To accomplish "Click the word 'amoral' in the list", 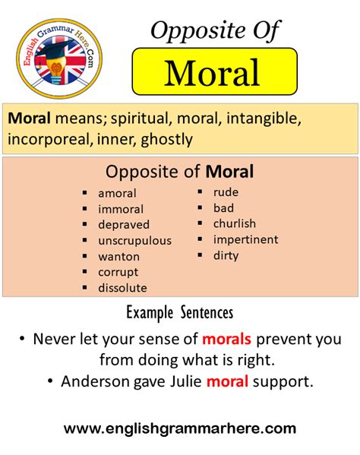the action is click(x=117, y=193).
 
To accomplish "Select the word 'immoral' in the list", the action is click(x=121, y=209).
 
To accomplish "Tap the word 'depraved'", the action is click(x=124, y=225).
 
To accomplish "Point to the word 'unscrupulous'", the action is click(x=135, y=241).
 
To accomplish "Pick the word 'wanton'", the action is click(x=119, y=257).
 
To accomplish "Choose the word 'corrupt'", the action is click(x=118, y=273).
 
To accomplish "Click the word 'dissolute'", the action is click(x=122, y=288).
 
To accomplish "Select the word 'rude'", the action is click(x=226, y=192).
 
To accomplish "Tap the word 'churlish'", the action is click(x=235, y=223).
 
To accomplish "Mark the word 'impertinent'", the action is click(x=246, y=240).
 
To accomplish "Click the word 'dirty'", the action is click(x=226, y=256).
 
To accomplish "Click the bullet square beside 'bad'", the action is click(x=200, y=207).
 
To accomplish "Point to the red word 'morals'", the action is click(x=226, y=339).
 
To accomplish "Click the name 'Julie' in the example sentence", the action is click(x=185, y=381).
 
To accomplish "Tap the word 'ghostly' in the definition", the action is click(x=166, y=140).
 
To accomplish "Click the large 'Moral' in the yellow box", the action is click(x=212, y=73).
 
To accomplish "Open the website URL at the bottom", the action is click(x=180, y=429).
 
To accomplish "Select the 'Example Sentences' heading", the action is click(x=180, y=314).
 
